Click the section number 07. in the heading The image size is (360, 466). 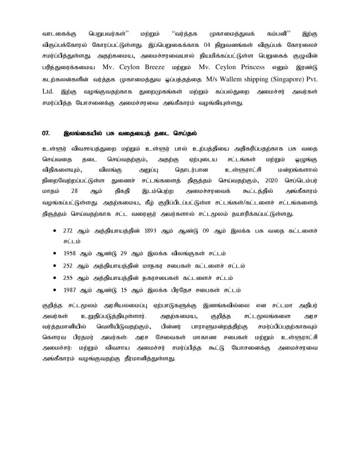[46, 133]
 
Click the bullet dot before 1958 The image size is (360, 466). [56, 253]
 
